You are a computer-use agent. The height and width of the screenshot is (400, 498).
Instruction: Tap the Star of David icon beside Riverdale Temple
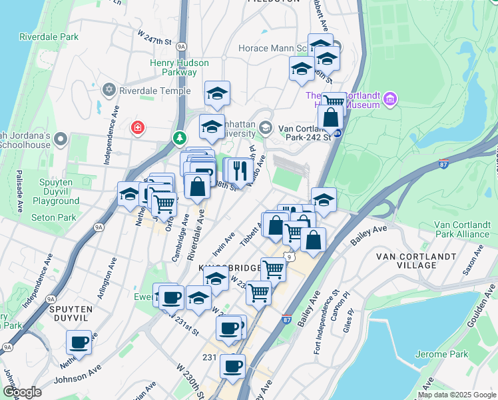click(x=108, y=89)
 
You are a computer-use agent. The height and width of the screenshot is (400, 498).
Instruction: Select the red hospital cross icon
click(x=138, y=127)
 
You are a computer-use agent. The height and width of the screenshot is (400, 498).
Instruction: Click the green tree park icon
click(x=179, y=138)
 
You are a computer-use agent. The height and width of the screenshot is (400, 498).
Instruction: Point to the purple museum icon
click(x=389, y=100)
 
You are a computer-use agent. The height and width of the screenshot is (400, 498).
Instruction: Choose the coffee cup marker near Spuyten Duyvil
click(x=79, y=343)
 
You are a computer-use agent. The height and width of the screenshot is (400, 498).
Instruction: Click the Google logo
click(x=23, y=392)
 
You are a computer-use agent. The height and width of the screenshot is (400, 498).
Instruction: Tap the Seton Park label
click(x=53, y=217)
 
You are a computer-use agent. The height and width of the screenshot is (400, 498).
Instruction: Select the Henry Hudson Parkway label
click(x=178, y=67)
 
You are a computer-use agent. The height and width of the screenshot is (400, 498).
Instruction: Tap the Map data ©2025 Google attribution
click(x=456, y=394)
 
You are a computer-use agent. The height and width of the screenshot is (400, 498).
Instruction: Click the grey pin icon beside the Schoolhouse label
click(x=61, y=139)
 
